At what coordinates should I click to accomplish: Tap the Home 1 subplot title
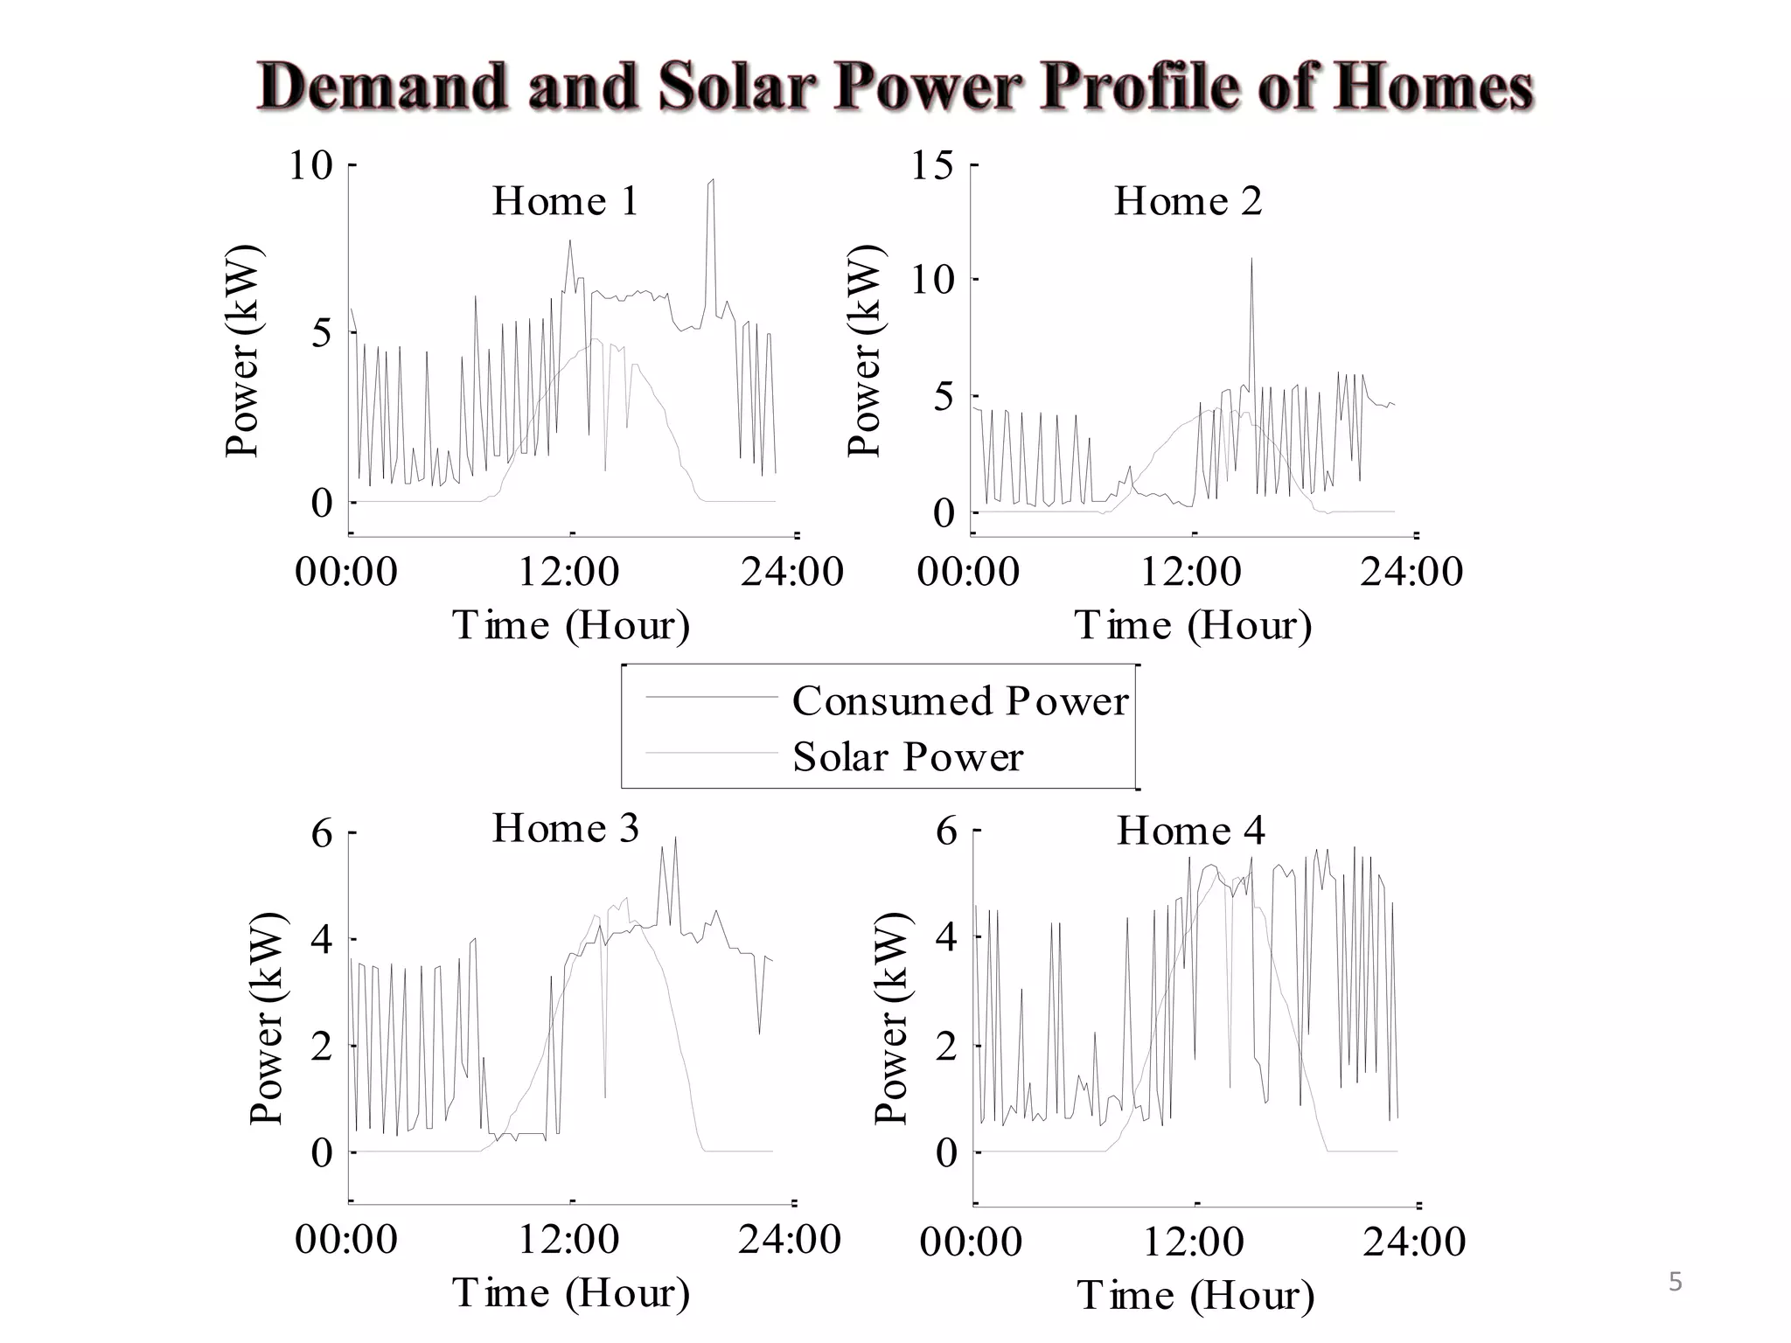[x=566, y=201]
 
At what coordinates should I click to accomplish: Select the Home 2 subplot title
[x=1188, y=201]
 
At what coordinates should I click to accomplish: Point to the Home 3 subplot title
[x=566, y=828]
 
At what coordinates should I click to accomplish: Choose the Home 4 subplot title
[x=1190, y=830]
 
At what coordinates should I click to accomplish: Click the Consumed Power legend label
[x=959, y=701]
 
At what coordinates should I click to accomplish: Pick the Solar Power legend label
[x=907, y=757]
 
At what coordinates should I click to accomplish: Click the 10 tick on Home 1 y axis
[x=311, y=164]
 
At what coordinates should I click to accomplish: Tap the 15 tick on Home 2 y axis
[x=932, y=164]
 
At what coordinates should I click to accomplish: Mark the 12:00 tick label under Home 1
[x=569, y=572]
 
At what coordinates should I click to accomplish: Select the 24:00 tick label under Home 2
[x=1411, y=572]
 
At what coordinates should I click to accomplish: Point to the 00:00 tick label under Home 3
[x=346, y=1240]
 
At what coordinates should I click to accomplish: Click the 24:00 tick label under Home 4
[x=1414, y=1242]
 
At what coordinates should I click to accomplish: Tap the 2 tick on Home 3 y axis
[x=322, y=1046]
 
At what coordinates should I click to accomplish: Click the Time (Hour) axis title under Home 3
[x=571, y=1293]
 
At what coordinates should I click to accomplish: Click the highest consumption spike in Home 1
[x=712, y=181]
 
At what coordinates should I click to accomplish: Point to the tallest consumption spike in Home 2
[x=1251, y=259]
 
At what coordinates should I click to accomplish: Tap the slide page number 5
[x=1675, y=1283]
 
